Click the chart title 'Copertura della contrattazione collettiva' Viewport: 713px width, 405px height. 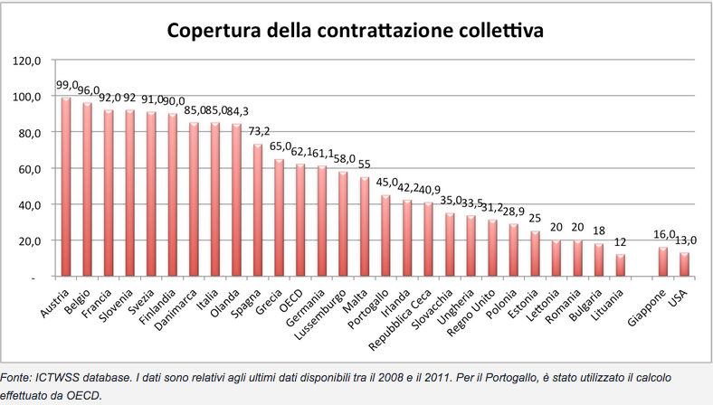355,32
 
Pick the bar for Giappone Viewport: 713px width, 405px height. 662,262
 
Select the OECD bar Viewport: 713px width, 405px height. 299,221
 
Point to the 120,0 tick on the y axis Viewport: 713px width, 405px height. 28,61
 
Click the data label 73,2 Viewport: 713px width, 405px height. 260,132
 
